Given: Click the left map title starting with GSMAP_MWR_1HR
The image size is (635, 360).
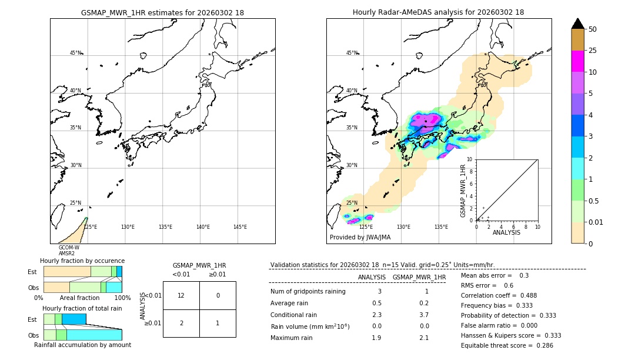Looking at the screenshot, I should pos(162,12).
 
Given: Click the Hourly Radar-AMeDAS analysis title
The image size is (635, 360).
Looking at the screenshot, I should pos(438,12).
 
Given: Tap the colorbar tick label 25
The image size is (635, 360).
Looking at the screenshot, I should pos(593,51).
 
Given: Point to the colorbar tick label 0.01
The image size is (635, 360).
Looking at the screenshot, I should pos(596,222).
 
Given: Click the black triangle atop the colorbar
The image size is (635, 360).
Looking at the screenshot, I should pos(578,24).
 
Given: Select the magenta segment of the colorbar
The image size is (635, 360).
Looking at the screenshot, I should pos(578,61).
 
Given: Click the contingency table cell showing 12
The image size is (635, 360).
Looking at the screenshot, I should pos(181,295).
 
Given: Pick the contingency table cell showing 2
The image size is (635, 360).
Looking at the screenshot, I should pos(181,323).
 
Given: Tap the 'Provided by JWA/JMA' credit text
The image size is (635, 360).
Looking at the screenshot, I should pos(360,237).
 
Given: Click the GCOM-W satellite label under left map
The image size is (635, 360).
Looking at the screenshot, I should pos(69,248).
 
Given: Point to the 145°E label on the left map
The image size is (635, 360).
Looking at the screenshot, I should pos(240,227).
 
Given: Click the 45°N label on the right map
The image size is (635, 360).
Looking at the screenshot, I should pos(352,53).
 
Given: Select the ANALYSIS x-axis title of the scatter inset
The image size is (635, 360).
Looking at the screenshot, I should pos(506,232).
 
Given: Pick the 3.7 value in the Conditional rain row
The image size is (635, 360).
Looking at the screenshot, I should pos(423,315).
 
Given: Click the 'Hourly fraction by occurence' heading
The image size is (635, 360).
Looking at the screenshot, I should pos(82,261).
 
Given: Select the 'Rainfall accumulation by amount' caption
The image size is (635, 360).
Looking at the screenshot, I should pos(82,345).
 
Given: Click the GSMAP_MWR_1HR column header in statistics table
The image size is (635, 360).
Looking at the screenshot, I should pos(419,277).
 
